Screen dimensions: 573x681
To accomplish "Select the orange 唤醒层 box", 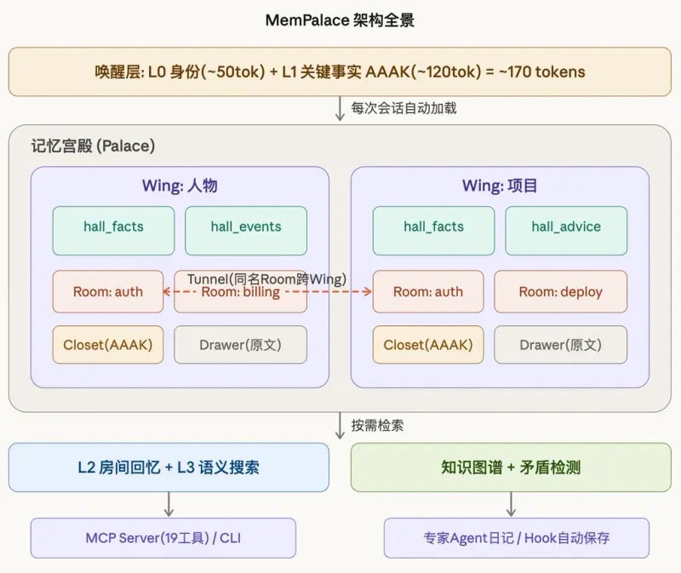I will tap(340, 72).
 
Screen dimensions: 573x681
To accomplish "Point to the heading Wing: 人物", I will tap(179, 186).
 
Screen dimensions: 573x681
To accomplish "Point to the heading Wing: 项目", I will tap(500, 186).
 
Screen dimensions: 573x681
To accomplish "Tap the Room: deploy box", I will tap(560, 292).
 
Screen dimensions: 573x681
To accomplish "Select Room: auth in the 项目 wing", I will tap(428, 292).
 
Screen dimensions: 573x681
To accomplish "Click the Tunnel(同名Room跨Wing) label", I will tap(267, 278).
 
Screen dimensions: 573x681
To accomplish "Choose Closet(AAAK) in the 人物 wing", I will tap(107, 345).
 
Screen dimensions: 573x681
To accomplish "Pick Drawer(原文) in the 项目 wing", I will tap(560, 345).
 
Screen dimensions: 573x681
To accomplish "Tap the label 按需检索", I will tap(377, 425).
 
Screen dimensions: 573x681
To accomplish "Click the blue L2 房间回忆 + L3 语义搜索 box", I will tap(169, 467).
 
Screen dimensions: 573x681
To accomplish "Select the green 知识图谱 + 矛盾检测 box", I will tap(511, 467).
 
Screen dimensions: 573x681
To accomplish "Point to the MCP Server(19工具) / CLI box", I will tap(163, 538).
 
